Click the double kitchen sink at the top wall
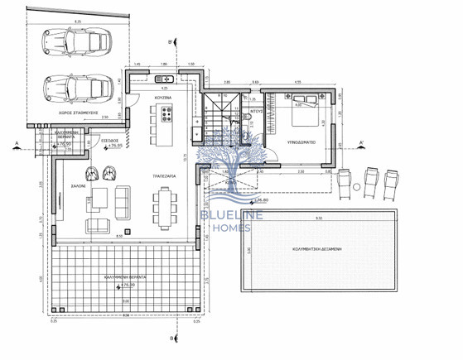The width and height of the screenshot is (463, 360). pyautogui.click(x=162, y=79)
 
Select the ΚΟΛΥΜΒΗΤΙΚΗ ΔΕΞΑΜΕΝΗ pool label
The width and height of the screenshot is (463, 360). pyautogui.click(x=337, y=248)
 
